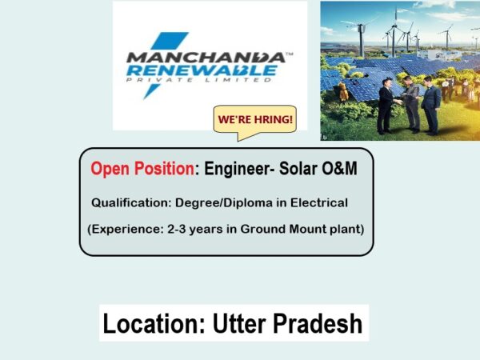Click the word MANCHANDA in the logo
click(206, 58)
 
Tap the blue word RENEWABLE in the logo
click(202, 70)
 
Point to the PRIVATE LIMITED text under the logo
click(199, 80)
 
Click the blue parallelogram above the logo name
click(170, 41)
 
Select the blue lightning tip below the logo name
click(151, 91)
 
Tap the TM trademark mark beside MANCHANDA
click(290, 54)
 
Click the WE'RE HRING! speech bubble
click(255, 120)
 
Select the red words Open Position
click(142, 168)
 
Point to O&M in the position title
click(339, 168)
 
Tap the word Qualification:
click(131, 202)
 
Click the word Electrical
click(319, 202)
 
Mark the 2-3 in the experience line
click(177, 229)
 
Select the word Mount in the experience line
click(308, 229)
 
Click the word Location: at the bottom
click(154, 323)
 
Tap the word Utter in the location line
click(239, 323)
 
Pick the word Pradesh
click(318, 323)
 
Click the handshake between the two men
click(398, 102)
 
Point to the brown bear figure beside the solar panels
click(343, 91)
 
